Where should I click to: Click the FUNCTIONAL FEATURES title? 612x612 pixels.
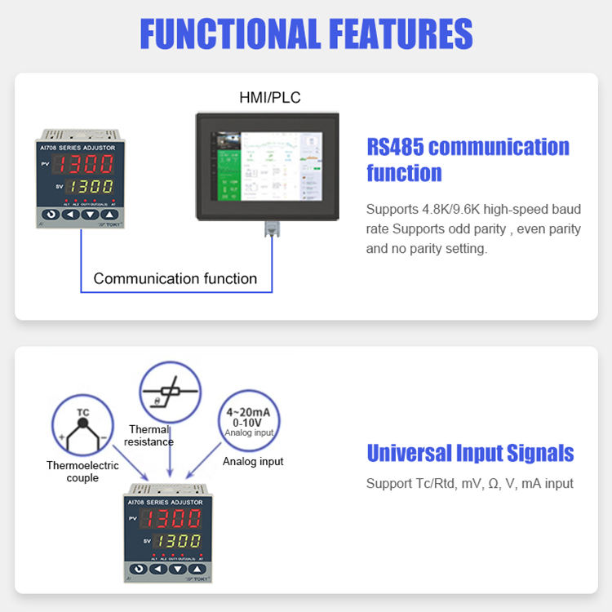point(306,33)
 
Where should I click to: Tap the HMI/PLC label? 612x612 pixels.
point(269,98)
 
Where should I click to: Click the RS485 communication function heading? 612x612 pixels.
point(468,159)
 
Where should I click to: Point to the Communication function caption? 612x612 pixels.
point(175,278)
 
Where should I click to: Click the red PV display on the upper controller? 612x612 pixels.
point(88,164)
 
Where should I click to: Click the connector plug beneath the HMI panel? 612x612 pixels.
point(269,230)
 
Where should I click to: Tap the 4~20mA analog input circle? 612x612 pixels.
point(250,422)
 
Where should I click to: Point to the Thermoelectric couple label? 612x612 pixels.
point(82,472)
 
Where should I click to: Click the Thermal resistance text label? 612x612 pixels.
point(149,436)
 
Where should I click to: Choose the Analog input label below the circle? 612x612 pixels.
point(253,461)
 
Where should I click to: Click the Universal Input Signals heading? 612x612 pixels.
point(470,453)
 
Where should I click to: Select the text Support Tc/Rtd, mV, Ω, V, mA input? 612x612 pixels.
point(470,483)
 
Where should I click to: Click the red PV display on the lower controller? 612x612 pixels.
point(175,519)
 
